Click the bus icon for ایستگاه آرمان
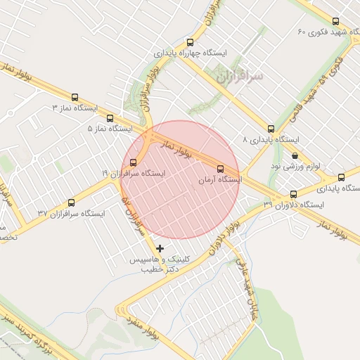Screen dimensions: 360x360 (221, 169)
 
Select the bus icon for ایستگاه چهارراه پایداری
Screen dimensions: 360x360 (190, 42)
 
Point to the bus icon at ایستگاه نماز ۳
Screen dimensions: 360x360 (75, 98)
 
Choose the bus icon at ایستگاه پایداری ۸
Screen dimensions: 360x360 (271, 129)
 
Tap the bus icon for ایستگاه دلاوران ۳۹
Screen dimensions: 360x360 (294, 193)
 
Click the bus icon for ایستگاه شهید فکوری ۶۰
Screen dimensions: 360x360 (335, 21)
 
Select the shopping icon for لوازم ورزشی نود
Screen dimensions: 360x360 (294, 155)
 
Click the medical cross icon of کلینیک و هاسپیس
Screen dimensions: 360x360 (160, 248)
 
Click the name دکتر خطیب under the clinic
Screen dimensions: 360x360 (157, 269)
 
